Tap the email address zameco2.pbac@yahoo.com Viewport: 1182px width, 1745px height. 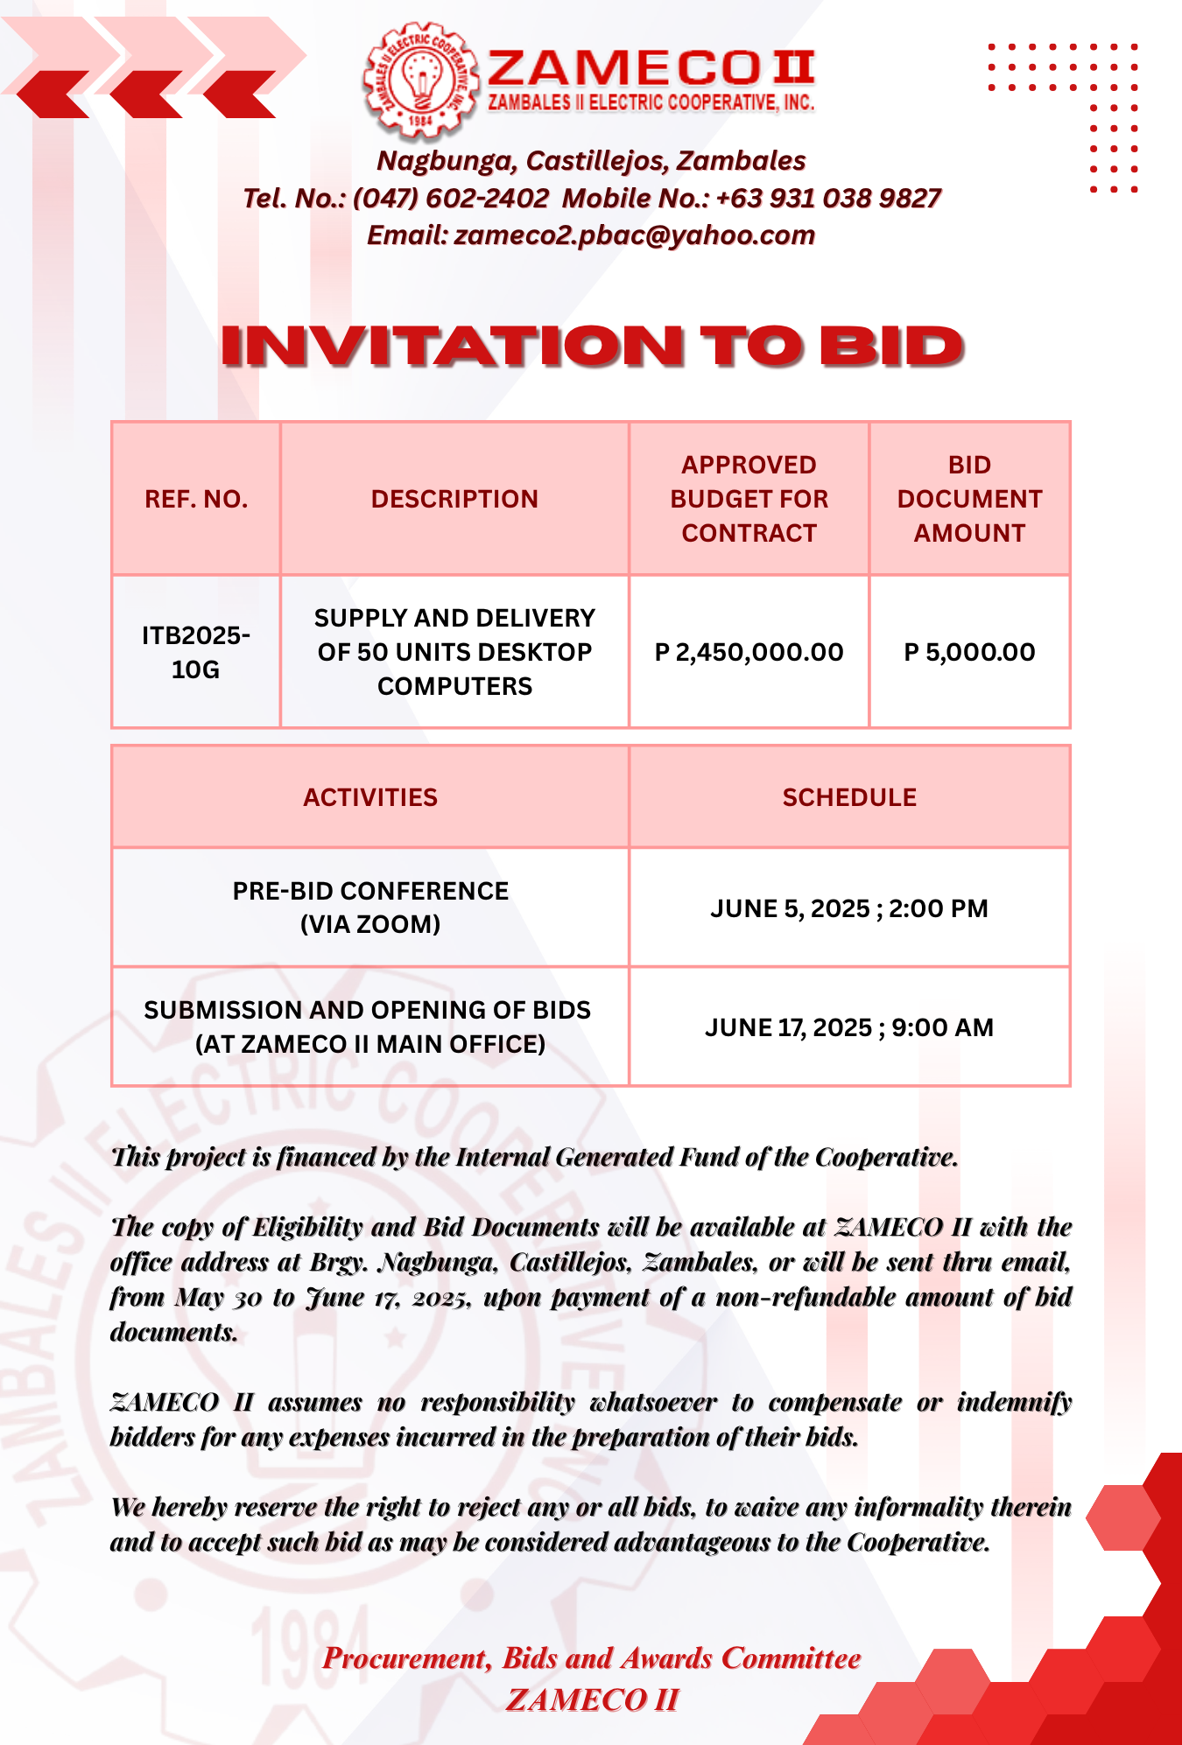click(634, 235)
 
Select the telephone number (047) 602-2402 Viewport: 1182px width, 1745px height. click(451, 199)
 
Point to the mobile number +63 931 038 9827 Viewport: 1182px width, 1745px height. click(828, 199)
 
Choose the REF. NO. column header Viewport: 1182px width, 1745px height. click(196, 499)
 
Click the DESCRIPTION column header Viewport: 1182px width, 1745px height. click(454, 499)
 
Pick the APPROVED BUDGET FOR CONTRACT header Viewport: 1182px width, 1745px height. click(749, 499)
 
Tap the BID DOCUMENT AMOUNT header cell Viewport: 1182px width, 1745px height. click(969, 499)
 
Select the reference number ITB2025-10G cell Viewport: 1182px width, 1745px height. click(196, 652)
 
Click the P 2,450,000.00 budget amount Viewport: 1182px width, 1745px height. click(749, 652)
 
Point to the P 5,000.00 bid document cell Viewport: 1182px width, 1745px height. click(969, 652)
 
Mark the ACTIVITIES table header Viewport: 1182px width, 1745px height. click(370, 797)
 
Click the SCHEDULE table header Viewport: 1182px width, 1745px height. click(849, 797)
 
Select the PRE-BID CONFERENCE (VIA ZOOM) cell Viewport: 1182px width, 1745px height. click(370, 908)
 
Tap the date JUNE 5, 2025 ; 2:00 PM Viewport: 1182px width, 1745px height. click(849, 908)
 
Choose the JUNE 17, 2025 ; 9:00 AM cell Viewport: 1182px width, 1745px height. click(849, 1027)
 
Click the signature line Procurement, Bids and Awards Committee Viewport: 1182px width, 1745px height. click(592, 1658)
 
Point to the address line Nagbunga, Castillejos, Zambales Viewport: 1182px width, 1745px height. click(591, 161)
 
